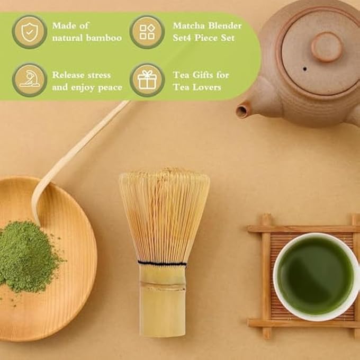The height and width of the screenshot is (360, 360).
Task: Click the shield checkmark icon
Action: pyautogui.click(x=30, y=32)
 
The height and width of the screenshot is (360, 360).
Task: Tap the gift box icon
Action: pyautogui.click(x=147, y=79)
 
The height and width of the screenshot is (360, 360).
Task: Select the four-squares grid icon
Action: pyautogui.click(x=147, y=32)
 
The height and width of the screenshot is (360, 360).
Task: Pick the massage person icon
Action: pyautogui.click(x=30, y=79)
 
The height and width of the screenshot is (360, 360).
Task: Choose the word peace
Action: pyautogui.click(x=110, y=88)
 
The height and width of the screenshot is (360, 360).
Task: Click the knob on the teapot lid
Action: pyautogui.click(x=327, y=47)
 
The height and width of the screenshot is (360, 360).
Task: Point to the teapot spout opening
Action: pyautogui.click(x=242, y=112)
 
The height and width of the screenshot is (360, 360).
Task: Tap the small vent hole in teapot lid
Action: pyautogui.click(x=304, y=69)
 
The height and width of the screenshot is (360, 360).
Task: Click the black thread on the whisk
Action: pyautogui.click(x=162, y=263)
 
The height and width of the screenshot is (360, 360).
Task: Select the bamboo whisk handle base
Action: pyautogui.click(x=163, y=301)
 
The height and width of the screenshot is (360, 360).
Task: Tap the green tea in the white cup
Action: pyautogui.click(x=315, y=275)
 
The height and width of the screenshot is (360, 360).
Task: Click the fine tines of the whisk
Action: pyautogui.click(x=165, y=216)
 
